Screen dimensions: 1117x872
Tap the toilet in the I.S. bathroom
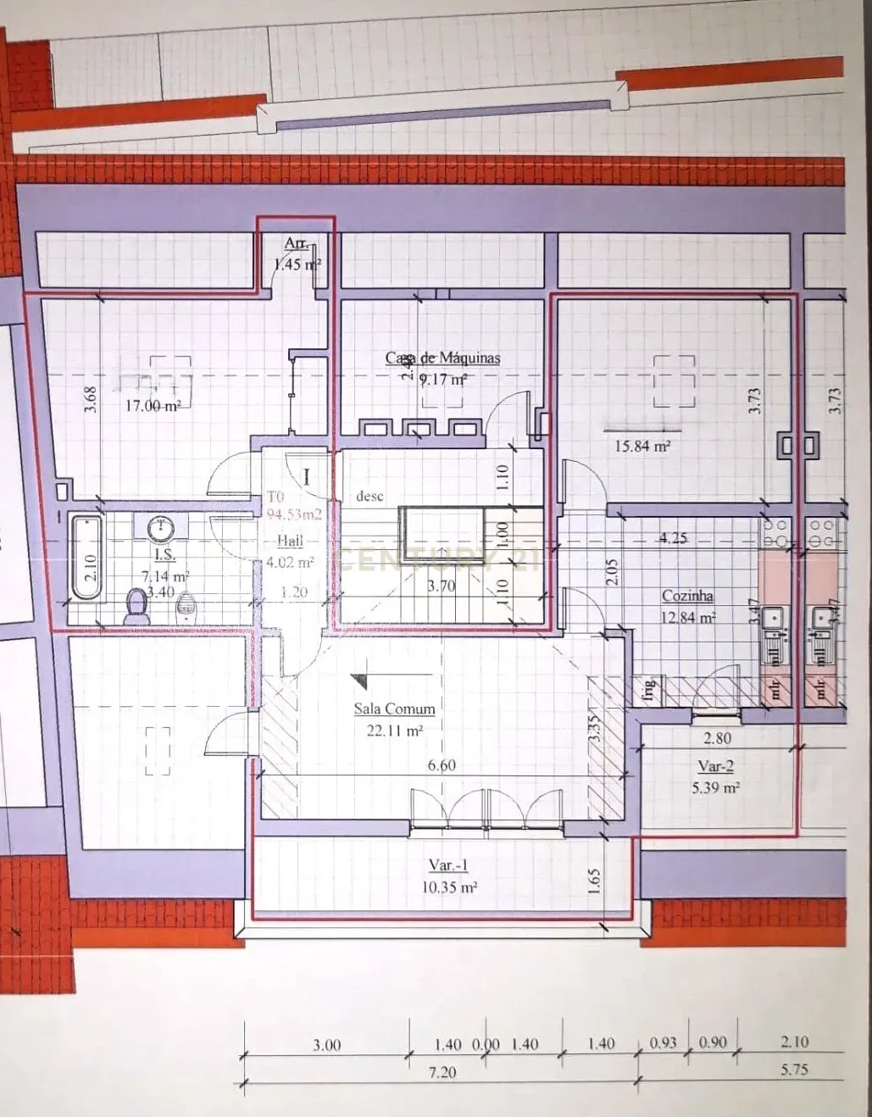pos(135,607)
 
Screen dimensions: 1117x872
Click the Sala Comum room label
pos(394,709)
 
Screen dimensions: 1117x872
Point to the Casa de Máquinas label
pos(442,358)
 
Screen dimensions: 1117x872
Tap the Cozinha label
pos(687,596)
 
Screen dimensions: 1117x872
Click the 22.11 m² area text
pos(394,730)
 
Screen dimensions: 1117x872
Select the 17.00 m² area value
pos(153,406)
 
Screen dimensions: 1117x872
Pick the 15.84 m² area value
pos(642,445)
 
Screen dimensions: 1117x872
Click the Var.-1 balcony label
pos(448,865)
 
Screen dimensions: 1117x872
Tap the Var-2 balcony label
pos(715,766)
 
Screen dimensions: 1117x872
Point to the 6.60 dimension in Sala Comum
pos(442,765)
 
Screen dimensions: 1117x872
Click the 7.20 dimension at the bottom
pos(442,1072)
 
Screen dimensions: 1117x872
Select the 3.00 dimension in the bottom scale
pos(326,1045)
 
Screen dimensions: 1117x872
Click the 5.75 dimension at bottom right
pos(794,1070)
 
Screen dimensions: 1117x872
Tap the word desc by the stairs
pos(369,497)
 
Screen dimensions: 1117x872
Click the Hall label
pos(289,541)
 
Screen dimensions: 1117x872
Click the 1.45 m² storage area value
pos(297,264)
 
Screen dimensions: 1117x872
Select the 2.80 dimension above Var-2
pos(717,739)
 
